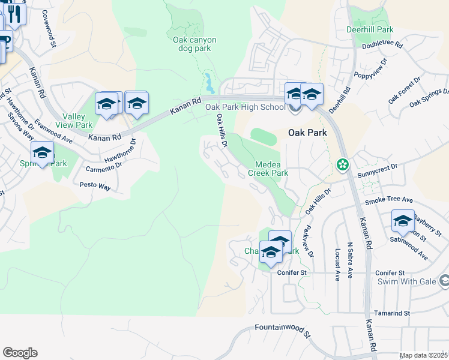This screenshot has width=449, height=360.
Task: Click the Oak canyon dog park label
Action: coord(194,44)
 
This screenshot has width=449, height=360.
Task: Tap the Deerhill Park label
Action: coord(370,29)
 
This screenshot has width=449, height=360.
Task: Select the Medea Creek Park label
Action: coord(272,169)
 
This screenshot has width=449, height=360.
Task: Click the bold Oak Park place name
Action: coord(308,133)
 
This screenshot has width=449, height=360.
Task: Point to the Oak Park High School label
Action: coord(246,107)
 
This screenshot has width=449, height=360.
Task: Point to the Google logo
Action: coord(20,353)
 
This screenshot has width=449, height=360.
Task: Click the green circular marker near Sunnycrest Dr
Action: coord(342,164)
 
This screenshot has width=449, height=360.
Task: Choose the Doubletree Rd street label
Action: coord(382,44)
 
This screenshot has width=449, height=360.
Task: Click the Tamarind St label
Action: coord(390,313)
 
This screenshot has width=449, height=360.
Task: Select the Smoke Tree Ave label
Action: coord(389,199)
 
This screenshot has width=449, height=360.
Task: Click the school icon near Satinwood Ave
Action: coord(402,221)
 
